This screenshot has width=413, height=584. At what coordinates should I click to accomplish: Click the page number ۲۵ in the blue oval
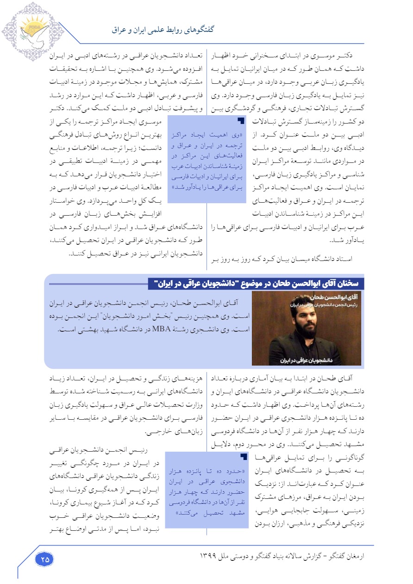pyautogui.click(x=45, y=559)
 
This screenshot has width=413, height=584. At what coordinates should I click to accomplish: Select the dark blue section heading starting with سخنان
pyautogui.click(x=256, y=283)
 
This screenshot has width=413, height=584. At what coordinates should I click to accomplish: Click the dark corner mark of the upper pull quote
pyautogui.click(x=240, y=121)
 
